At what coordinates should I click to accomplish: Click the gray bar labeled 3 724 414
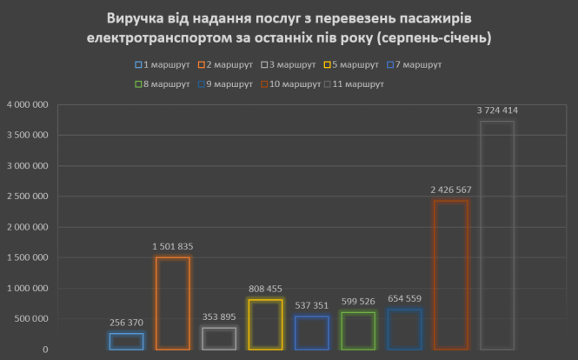[496, 235]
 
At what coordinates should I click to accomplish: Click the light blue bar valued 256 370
[126, 341]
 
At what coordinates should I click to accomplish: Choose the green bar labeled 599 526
[358, 330]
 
